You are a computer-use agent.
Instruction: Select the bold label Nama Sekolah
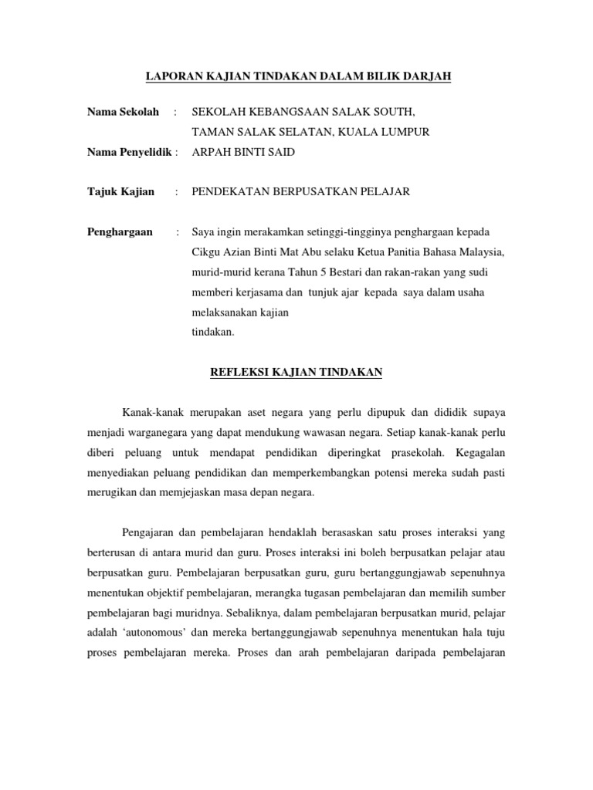(x=123, y=112)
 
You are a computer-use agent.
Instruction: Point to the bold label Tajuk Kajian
(x=120, y=192)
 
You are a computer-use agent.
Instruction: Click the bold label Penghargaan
(x=120, y=232)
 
